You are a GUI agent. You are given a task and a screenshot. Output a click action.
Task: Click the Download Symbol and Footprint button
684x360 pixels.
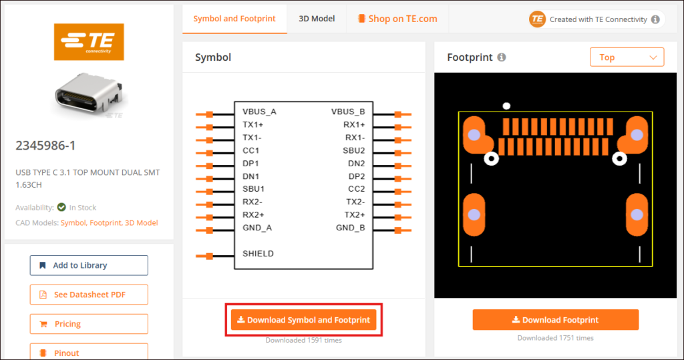tap(304, 320)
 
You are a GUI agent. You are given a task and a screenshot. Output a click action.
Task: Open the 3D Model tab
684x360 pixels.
tap(317, 19)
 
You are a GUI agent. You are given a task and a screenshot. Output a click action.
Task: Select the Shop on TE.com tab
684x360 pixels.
tap(397, 19)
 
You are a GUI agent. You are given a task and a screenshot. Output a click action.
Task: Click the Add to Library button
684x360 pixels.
tap(89, 265)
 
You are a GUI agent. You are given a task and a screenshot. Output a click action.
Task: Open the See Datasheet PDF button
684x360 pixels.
tap(89, 295)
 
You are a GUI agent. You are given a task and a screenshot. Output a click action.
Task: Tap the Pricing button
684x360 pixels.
tap(89, 324)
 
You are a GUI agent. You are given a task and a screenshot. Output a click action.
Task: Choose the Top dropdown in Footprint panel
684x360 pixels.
tap(627, 57)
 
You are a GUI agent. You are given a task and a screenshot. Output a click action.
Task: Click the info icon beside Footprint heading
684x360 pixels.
tap(502, 57)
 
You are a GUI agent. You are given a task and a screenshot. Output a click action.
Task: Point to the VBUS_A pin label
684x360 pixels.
tap(259, 112)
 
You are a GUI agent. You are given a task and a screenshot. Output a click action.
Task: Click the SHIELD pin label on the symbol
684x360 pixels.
tap(258, 254)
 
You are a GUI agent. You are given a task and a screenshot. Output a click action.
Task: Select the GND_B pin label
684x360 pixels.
tap(350, 228)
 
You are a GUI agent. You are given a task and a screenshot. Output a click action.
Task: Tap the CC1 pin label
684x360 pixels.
tap(251, 150)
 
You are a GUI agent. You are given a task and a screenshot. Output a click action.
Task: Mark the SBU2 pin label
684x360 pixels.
tap(354, 150)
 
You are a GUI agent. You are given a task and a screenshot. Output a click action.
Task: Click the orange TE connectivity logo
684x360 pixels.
tap(89, 42)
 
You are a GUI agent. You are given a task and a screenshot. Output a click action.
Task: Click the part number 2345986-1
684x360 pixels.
tap(45, 146)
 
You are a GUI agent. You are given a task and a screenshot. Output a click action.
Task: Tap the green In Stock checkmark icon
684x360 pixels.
tap(61, 207)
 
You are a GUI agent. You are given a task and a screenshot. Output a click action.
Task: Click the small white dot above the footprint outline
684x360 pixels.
tap(506, 106)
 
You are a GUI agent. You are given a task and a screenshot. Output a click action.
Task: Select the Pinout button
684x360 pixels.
tap(89, 353)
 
